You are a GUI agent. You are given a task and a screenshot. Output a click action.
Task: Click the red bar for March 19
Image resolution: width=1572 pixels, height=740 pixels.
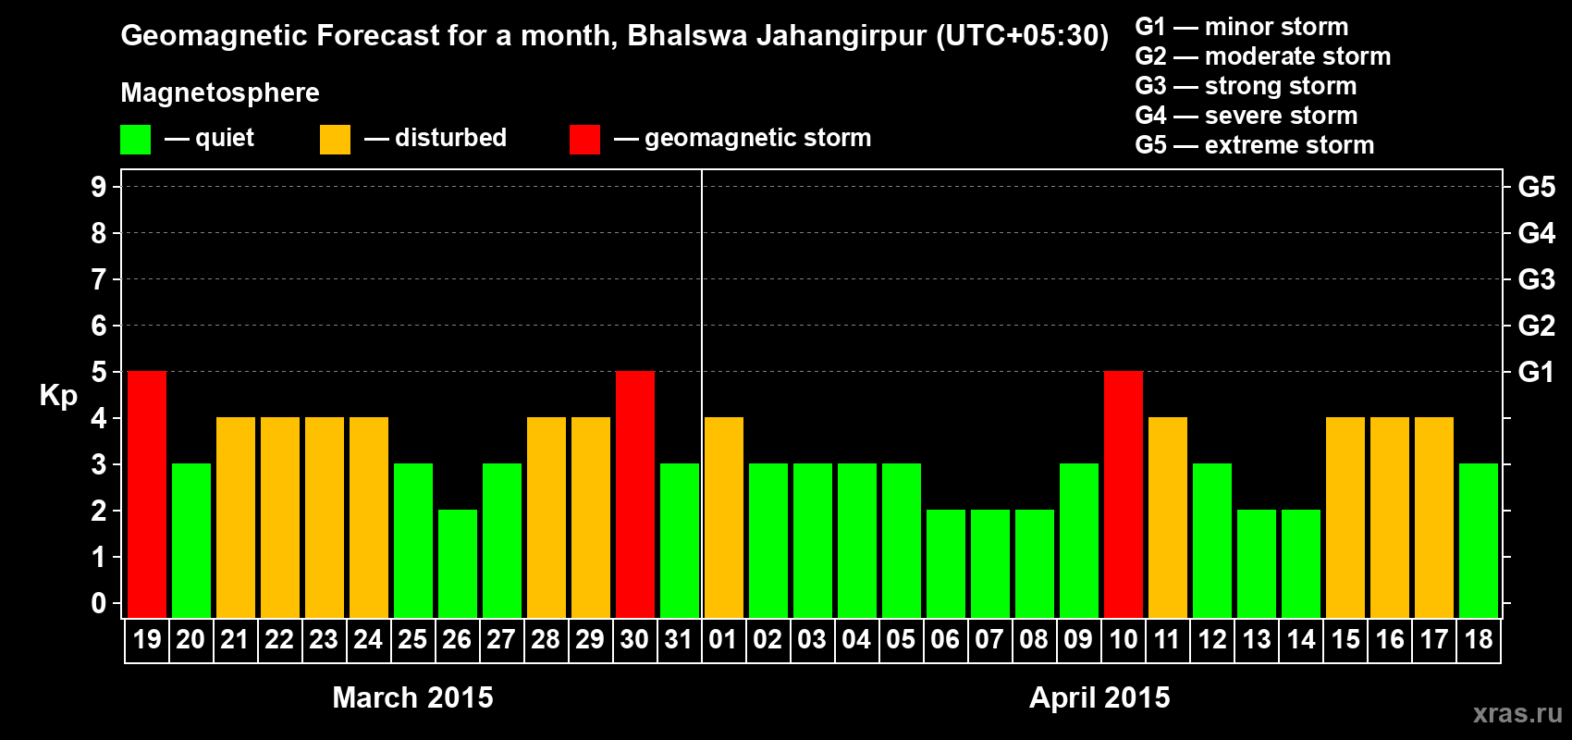[x=147, y=494]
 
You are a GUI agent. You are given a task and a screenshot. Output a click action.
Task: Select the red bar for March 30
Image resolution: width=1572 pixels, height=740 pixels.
[x=635, y=494]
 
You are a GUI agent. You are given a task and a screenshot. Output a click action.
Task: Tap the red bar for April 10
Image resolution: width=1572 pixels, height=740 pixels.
[x=1124, y=494]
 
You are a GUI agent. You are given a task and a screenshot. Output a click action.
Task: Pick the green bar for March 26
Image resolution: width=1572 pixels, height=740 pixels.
[x=458, y=563]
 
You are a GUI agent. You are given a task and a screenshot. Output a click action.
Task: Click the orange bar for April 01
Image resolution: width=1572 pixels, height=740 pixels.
[x=724, y=517]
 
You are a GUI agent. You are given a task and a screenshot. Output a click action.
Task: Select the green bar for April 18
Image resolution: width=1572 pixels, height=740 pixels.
[x=1479, y=540]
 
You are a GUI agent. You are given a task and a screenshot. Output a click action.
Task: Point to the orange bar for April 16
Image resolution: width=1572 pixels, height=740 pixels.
[x=1390, y=517]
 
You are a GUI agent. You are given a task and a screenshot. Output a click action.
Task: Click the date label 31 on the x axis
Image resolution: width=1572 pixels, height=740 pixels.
[x=679, y=639]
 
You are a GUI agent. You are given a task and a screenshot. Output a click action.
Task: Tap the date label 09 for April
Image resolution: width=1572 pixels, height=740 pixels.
[x=1078, y=639]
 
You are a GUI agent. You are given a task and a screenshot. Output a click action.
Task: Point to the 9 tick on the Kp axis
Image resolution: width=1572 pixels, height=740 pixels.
[x=99, y=187]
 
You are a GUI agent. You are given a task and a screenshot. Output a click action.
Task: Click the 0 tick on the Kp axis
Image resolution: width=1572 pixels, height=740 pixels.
[x=99, y=603]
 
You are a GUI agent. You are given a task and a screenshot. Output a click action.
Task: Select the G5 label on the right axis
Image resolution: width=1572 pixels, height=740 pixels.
[x=1536, y=187]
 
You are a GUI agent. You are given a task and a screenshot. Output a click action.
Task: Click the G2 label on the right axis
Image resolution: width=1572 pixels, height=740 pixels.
[x=1536, y=326]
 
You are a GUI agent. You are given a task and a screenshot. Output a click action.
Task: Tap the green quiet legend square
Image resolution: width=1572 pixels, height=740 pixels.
[x=135, y=140]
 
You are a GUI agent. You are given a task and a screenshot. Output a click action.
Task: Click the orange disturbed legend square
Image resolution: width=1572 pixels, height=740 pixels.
[x=335, y=140]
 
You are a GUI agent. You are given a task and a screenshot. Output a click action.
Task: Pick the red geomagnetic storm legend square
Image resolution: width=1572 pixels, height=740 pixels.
[x=584, y=140]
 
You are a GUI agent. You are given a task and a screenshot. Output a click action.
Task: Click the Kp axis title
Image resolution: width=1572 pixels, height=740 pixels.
[x=58, y=395]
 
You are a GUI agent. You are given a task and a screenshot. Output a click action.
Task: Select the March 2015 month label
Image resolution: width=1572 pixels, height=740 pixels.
[x=412, y=697]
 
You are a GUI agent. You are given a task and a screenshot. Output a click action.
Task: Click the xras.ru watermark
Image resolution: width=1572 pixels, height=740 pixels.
[x=1517, y=713]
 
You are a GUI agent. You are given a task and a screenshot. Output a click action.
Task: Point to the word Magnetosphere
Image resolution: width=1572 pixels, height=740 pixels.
[x=220, y=92]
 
